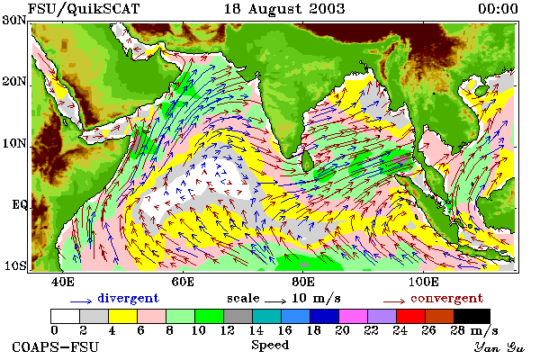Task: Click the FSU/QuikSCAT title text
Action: coord(84,9)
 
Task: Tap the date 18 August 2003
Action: coord(284,9)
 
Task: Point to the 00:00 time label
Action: coord(498,9)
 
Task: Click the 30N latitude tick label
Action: coord(14,21)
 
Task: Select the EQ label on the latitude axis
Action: coord(19,205)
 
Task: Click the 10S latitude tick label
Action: coord(14,266)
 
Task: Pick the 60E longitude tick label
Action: coord(183,282)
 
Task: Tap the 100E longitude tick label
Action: coord(423,282)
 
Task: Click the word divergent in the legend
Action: coord(128,298)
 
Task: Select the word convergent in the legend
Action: coord(446,298)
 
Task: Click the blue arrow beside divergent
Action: coord(81,301)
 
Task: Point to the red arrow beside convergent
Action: coord(394,301)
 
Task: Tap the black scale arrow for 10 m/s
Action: coord(275,301)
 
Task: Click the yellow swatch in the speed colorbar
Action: coord(123,316)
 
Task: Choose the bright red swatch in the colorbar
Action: coord(410,316)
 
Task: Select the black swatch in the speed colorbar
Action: coord(472,316)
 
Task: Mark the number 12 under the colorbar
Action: coord(228,330)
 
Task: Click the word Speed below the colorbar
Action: coord(270,346)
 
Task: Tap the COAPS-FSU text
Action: coord(56,346)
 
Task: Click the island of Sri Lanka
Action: coord(307,161)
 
